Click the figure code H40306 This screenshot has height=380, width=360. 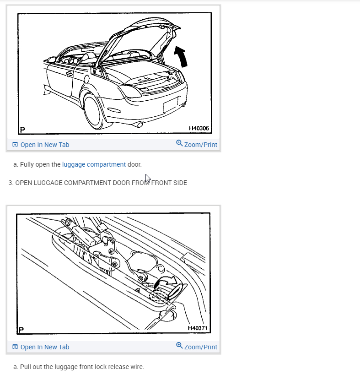199,128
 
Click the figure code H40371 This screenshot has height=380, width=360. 198,328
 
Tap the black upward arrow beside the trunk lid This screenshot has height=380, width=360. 181,57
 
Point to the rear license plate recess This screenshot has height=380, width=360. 171,105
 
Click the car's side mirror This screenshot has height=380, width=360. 52,60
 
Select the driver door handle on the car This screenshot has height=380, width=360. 69,74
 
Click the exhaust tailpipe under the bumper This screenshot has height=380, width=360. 140,125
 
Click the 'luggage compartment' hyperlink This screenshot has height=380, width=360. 94,164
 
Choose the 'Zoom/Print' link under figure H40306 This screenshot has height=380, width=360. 197,144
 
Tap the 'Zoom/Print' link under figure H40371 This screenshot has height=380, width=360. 197,347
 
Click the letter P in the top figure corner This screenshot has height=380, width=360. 22,130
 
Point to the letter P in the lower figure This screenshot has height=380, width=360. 21,330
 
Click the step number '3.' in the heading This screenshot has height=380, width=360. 11,183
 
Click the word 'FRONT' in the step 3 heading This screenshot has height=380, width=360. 161,183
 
